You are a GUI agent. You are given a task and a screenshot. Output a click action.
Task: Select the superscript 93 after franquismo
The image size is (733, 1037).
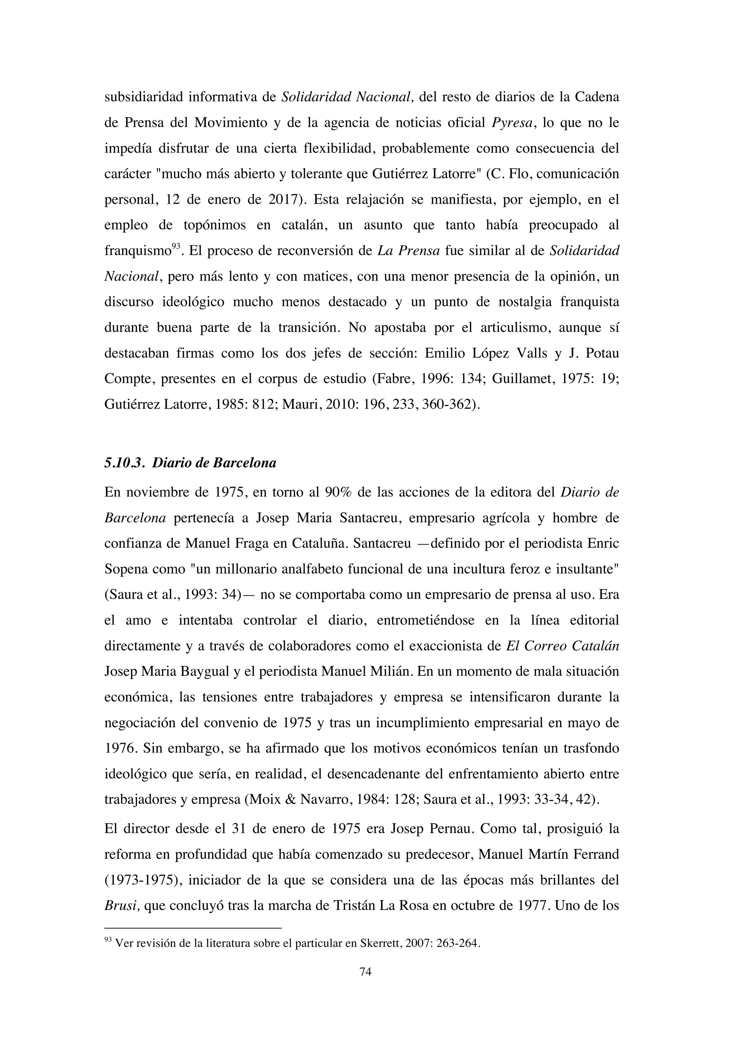pyautogui.click(x=176, y=246)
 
